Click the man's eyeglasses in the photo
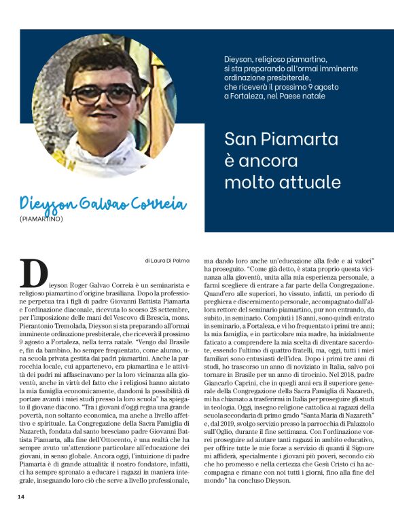pyautogui.click(x=103, y=94)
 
